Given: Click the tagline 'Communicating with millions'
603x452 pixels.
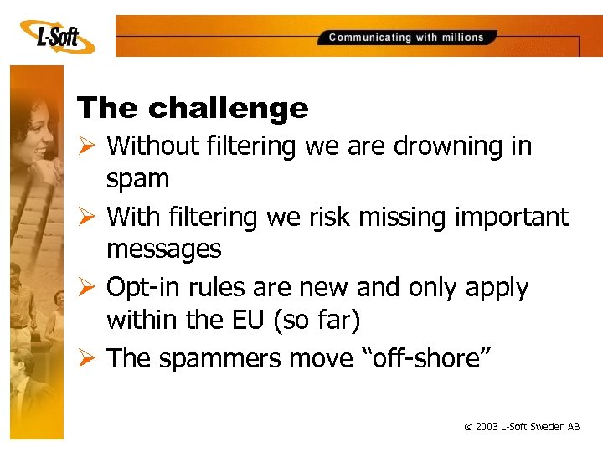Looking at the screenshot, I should [x=406, y=37].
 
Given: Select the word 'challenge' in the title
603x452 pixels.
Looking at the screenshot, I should [x=229, y=108].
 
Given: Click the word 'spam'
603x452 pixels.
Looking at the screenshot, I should [x=137, y=178].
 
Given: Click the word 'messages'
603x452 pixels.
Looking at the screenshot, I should [x=163, y=249].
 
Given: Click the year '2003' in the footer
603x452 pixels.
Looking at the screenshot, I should [x=487, y=427].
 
